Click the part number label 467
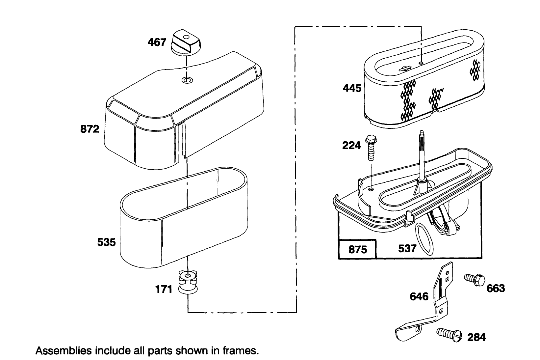pos(157,42)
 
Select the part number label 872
pos(90,129)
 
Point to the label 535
pos(107,243)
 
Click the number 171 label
pos(163,290)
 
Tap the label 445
pos(352,88)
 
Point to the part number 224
pos(351,145)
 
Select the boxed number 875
pos(357,250)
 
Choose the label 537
pos(407,248)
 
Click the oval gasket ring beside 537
pos(424,239)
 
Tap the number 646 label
pos(419,297)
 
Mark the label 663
pos(496,289)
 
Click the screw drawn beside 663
pos(475,281)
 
